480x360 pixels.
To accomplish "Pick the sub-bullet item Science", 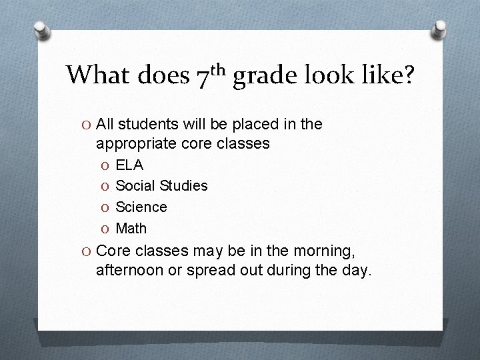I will pyautogui.click(x=141, y=207).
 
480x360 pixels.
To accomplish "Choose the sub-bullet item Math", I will pyautogui.click(x=131, y=229).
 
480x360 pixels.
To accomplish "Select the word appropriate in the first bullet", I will pyautogui.click(x=134, y=142).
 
